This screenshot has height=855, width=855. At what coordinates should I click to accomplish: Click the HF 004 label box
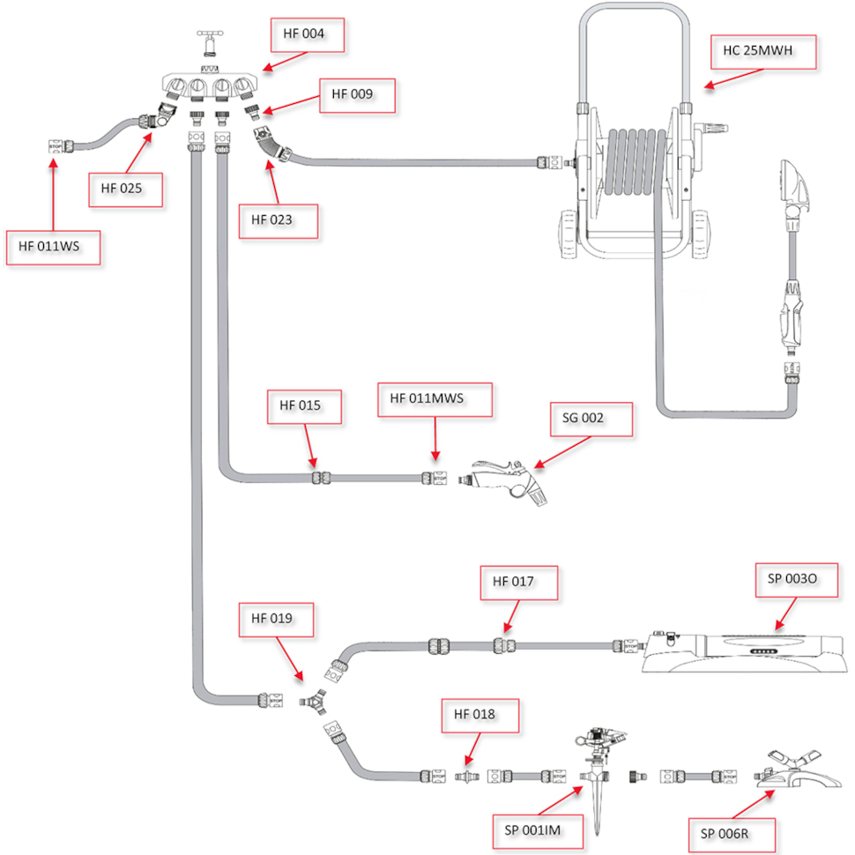pos(308,35)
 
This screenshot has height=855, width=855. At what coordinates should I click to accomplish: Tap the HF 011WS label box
pos(53,248)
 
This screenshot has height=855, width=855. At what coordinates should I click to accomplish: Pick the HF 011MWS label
pos(435,399)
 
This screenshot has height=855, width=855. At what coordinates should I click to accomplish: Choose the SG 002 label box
pos(591,420)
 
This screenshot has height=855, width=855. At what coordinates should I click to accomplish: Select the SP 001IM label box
pos(538,831)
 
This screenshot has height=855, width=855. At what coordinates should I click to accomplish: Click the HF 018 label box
pos(480,716)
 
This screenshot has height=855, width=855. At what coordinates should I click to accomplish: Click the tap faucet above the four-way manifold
pos(210,43)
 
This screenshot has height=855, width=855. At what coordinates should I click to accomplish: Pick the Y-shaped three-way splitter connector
pos(314,702)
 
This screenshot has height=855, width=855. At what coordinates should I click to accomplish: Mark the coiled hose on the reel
pos(636,162)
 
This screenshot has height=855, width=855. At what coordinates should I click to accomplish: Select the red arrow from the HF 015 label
pos(310,446)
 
